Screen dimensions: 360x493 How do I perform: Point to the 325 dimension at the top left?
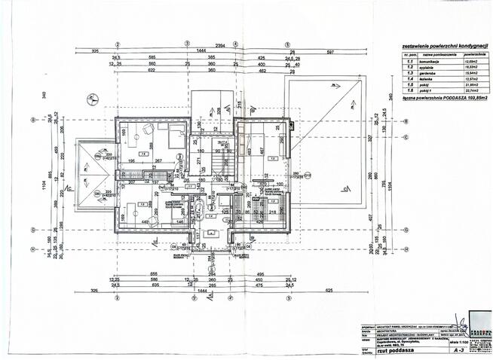pyautogui.click(x=96, y=51)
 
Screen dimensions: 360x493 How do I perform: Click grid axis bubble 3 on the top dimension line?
pyautogui.click(x=185, y=42)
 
